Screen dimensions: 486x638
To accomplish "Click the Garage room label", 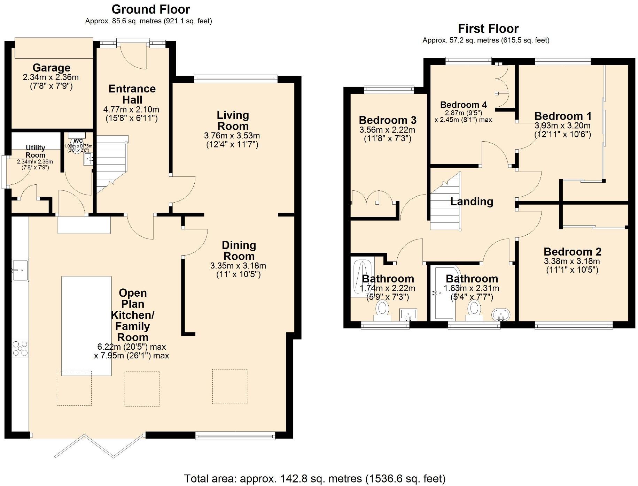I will click(x=52, y=68).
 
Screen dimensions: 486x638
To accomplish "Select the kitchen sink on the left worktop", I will click(x=20, y=270).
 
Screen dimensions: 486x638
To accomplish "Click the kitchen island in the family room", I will click(x=86, y=326).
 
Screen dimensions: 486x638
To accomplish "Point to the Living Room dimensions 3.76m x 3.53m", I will click(x=232, y=136).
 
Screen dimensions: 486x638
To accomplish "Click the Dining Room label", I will click(x=239, y=251).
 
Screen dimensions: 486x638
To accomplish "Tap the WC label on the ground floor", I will click(x=78, y=141).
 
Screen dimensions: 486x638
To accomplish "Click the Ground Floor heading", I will click(x=151, y=9).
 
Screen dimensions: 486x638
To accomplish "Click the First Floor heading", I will click(x=488, y=29).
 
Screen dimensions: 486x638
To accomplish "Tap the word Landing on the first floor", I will click(x=472, y=202).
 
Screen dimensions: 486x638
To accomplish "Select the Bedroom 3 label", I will click(x=388, y=120).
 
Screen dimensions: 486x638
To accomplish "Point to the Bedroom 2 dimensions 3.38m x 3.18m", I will click(x=572, y=261).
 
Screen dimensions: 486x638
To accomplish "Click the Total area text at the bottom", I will click(x=314, y=479).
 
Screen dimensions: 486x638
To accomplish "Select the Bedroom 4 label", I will click(x=463, y=105).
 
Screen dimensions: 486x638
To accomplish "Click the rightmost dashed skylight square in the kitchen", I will click(x=230, y=386).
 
